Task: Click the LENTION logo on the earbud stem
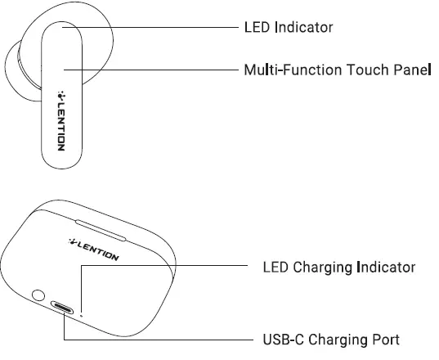click(x=61, y=116)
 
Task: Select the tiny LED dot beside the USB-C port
click(x=82, y=313)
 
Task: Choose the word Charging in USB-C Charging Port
click(x=339, y=339)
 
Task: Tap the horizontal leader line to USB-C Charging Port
click(x=164, y=338)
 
